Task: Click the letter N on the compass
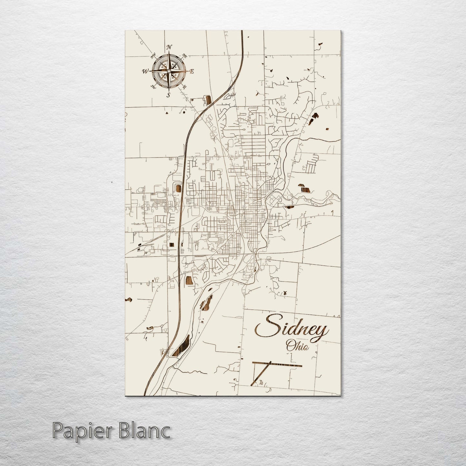(x=169, y=47)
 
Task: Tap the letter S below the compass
(x=168, y=95)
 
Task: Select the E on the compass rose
(x=192, y=71)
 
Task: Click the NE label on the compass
(x=185, y=55)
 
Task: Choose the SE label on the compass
(x=184, y=87)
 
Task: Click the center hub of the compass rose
(x=169, y=71)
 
